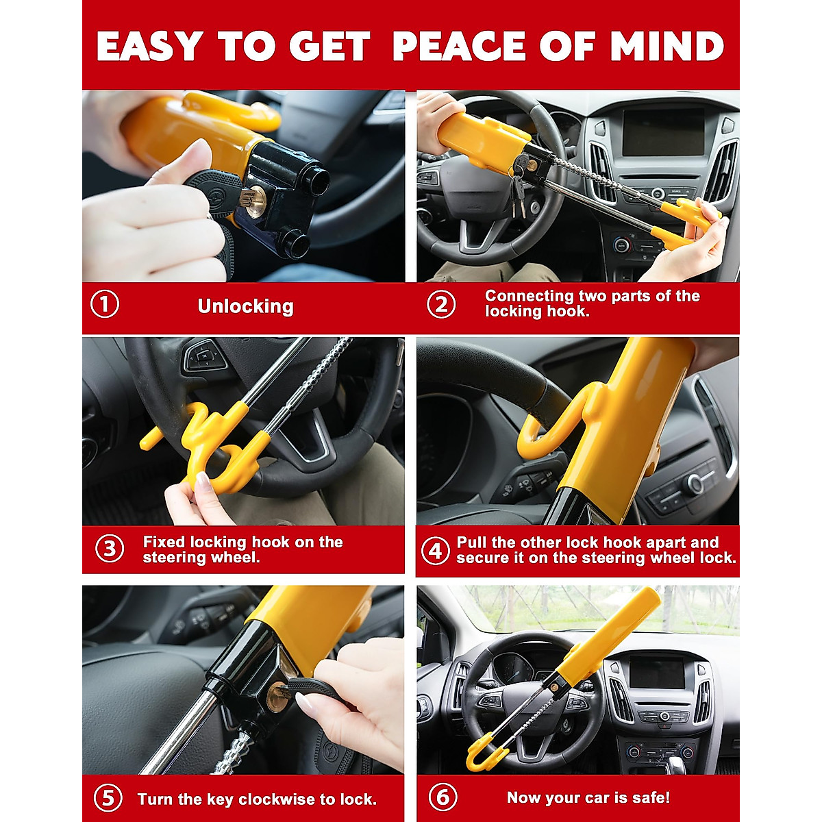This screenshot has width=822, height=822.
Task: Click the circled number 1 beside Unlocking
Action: [x=105, y=304]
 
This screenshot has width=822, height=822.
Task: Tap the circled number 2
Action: [x=441, y=304]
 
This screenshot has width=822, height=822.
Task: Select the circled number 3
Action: [x=110, y=549]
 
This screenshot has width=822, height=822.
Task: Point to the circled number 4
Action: [x=436, y=550]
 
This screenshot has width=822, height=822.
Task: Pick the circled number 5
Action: [x=108, y=799]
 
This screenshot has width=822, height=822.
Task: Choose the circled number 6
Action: [x=443, y=797]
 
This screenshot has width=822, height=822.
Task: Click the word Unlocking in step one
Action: [x=245, y=306]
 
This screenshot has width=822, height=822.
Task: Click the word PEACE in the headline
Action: [x=460, y=47]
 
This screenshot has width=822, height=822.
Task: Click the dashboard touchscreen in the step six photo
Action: [x=656, y=672]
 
